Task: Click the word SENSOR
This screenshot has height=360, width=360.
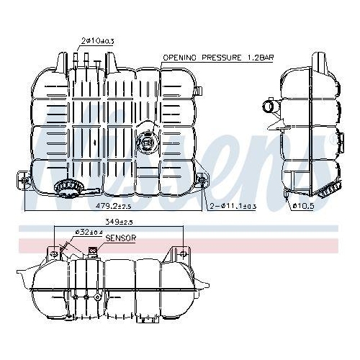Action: click(x=120, y=238)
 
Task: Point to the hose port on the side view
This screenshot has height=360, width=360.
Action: click(x=269, y=109)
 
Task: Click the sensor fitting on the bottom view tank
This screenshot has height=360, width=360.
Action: click(x=92, y=251)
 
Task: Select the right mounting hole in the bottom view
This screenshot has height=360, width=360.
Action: click(x=183, y=253)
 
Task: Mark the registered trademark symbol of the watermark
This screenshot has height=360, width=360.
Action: click(x=333, y=140)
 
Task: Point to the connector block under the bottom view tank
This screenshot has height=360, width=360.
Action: click(x=85, y=297)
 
